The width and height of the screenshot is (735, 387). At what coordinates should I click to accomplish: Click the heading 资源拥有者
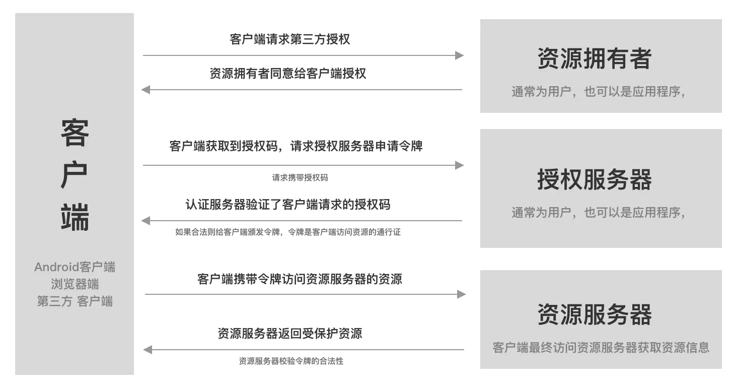click(595, 59)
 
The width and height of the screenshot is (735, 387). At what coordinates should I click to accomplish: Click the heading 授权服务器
click(595, 179)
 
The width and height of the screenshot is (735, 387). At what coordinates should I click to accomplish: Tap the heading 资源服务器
click(595, 314)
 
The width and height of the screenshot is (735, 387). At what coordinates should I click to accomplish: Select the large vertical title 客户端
click(75, 175)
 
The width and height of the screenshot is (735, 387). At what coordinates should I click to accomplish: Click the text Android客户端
click(75, 267)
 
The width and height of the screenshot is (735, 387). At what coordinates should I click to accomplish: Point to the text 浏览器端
click(75, 284)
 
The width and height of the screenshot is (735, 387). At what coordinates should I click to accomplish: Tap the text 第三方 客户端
click(75, 301)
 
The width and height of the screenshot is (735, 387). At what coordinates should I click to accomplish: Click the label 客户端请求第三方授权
click(289, 39)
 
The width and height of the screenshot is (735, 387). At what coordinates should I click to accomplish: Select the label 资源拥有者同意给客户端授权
click(287, 74)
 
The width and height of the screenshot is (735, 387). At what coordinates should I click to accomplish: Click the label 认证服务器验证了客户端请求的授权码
click(287, 205)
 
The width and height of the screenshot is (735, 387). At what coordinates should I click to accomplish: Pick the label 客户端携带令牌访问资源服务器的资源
click(300, 279)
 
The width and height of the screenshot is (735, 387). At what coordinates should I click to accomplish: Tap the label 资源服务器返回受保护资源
click(289, 334)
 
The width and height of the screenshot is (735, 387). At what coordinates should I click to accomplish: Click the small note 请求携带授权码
click(300, 178)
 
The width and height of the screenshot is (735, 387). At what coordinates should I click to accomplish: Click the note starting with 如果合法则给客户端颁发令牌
click(287, 232)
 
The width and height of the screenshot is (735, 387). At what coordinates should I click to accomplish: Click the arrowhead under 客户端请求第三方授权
click(459, 55)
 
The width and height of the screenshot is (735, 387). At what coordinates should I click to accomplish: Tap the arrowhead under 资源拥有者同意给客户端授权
click(146, 90)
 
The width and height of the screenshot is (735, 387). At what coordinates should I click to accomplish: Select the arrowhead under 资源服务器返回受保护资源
click(148, 350)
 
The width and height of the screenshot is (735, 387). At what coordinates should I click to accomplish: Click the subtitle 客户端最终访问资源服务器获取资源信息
click(601, 348)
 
